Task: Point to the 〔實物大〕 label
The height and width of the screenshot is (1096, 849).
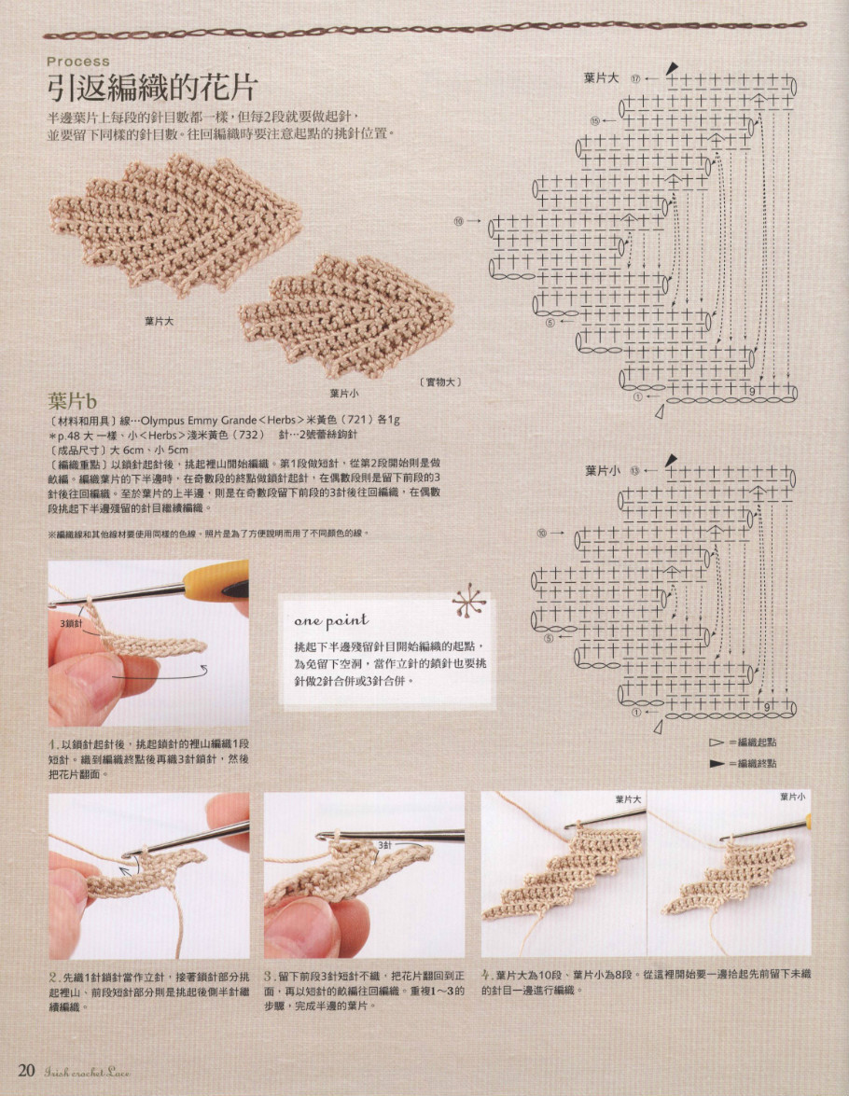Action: [x=441, y=382]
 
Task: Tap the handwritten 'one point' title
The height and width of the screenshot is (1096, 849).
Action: [x=331, y=620]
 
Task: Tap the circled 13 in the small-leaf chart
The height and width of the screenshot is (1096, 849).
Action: [x=635, y=471]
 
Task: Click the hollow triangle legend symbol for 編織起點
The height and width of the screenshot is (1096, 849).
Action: [x=717, y=742]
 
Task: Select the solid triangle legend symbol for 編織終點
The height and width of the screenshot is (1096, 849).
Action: [x=717, y=762]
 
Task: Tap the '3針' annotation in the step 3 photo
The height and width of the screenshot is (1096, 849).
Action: [x=384, y=844]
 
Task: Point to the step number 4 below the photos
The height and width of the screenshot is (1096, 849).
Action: [x=486, y=974]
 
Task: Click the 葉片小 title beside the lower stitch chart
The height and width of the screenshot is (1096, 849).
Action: [x=602, y=471]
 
